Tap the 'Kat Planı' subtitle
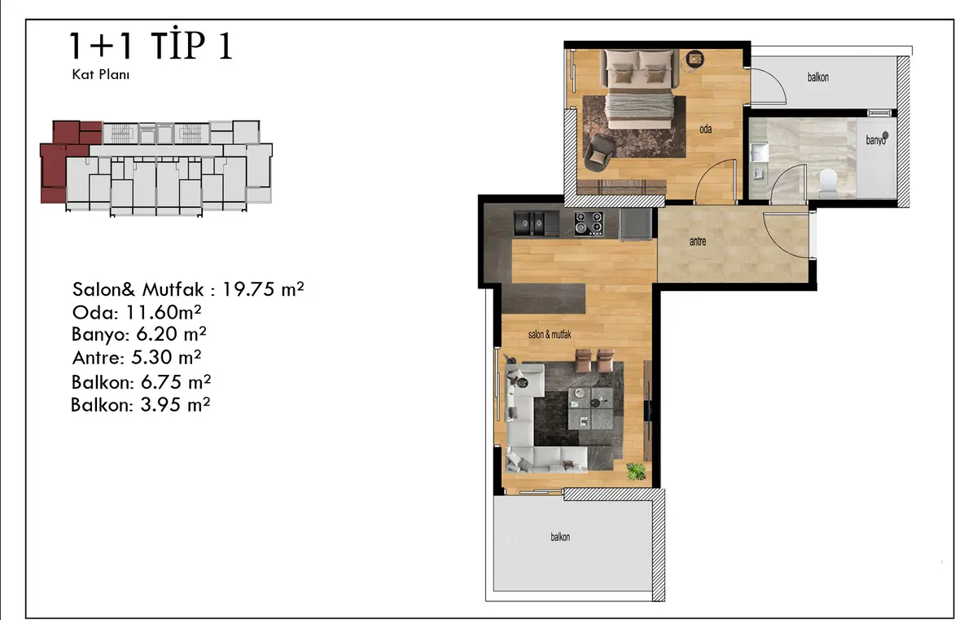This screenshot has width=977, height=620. point(101,75)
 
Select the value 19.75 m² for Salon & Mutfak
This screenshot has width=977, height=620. point(263,289)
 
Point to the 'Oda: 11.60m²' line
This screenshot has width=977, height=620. point(137,312)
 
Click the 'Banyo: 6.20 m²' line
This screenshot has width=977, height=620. point(138,334)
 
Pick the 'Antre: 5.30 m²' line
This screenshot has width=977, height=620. point(137,358)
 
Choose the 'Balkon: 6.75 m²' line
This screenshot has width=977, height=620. point(141,382)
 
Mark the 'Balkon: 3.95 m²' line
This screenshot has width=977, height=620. point(140,405)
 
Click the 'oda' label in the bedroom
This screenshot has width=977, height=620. point(706,130)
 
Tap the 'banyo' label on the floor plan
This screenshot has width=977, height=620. point(876,140)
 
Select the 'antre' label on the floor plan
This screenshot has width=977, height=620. point(698,241)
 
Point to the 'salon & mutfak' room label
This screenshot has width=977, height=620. point(550,335)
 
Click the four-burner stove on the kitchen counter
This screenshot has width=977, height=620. point(589,223)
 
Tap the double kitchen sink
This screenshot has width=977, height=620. point(536,223)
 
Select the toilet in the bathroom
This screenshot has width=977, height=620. point(828,181)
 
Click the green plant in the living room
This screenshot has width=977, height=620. point(636,472)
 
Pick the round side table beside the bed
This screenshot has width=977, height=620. point(694,59)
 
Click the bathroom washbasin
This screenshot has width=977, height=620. point(760,152)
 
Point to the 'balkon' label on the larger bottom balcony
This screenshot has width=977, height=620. point(560,537)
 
